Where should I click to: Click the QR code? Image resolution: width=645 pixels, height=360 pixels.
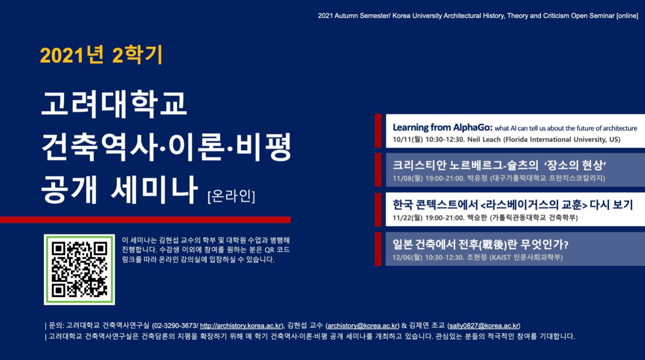(79, 270)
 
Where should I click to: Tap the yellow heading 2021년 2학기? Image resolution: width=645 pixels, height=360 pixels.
(101, 55)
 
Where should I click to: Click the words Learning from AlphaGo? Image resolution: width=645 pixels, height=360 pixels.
(443, 128)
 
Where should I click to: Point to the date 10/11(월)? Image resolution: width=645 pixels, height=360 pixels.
(408, 140)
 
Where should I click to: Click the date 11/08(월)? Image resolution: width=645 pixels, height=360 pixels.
(408, 179)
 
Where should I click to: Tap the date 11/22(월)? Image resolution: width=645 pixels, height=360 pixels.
(408, 218)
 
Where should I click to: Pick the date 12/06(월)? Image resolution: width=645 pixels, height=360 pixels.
(407, 257)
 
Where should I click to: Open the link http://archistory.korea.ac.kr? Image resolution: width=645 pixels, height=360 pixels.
(241, 326)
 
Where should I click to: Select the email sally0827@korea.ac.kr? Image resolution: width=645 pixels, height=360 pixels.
(484, 326)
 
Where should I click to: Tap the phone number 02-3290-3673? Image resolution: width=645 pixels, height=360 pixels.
(175, 326)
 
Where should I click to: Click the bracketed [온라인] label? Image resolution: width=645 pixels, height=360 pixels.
(231, 196)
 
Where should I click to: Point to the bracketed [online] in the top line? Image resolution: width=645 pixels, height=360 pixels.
(627, 16)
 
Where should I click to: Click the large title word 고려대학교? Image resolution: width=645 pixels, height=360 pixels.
(114, 103)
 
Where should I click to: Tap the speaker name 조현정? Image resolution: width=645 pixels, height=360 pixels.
(476, 257)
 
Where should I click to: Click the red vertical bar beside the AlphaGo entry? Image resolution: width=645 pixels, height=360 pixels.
(378, 131)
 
